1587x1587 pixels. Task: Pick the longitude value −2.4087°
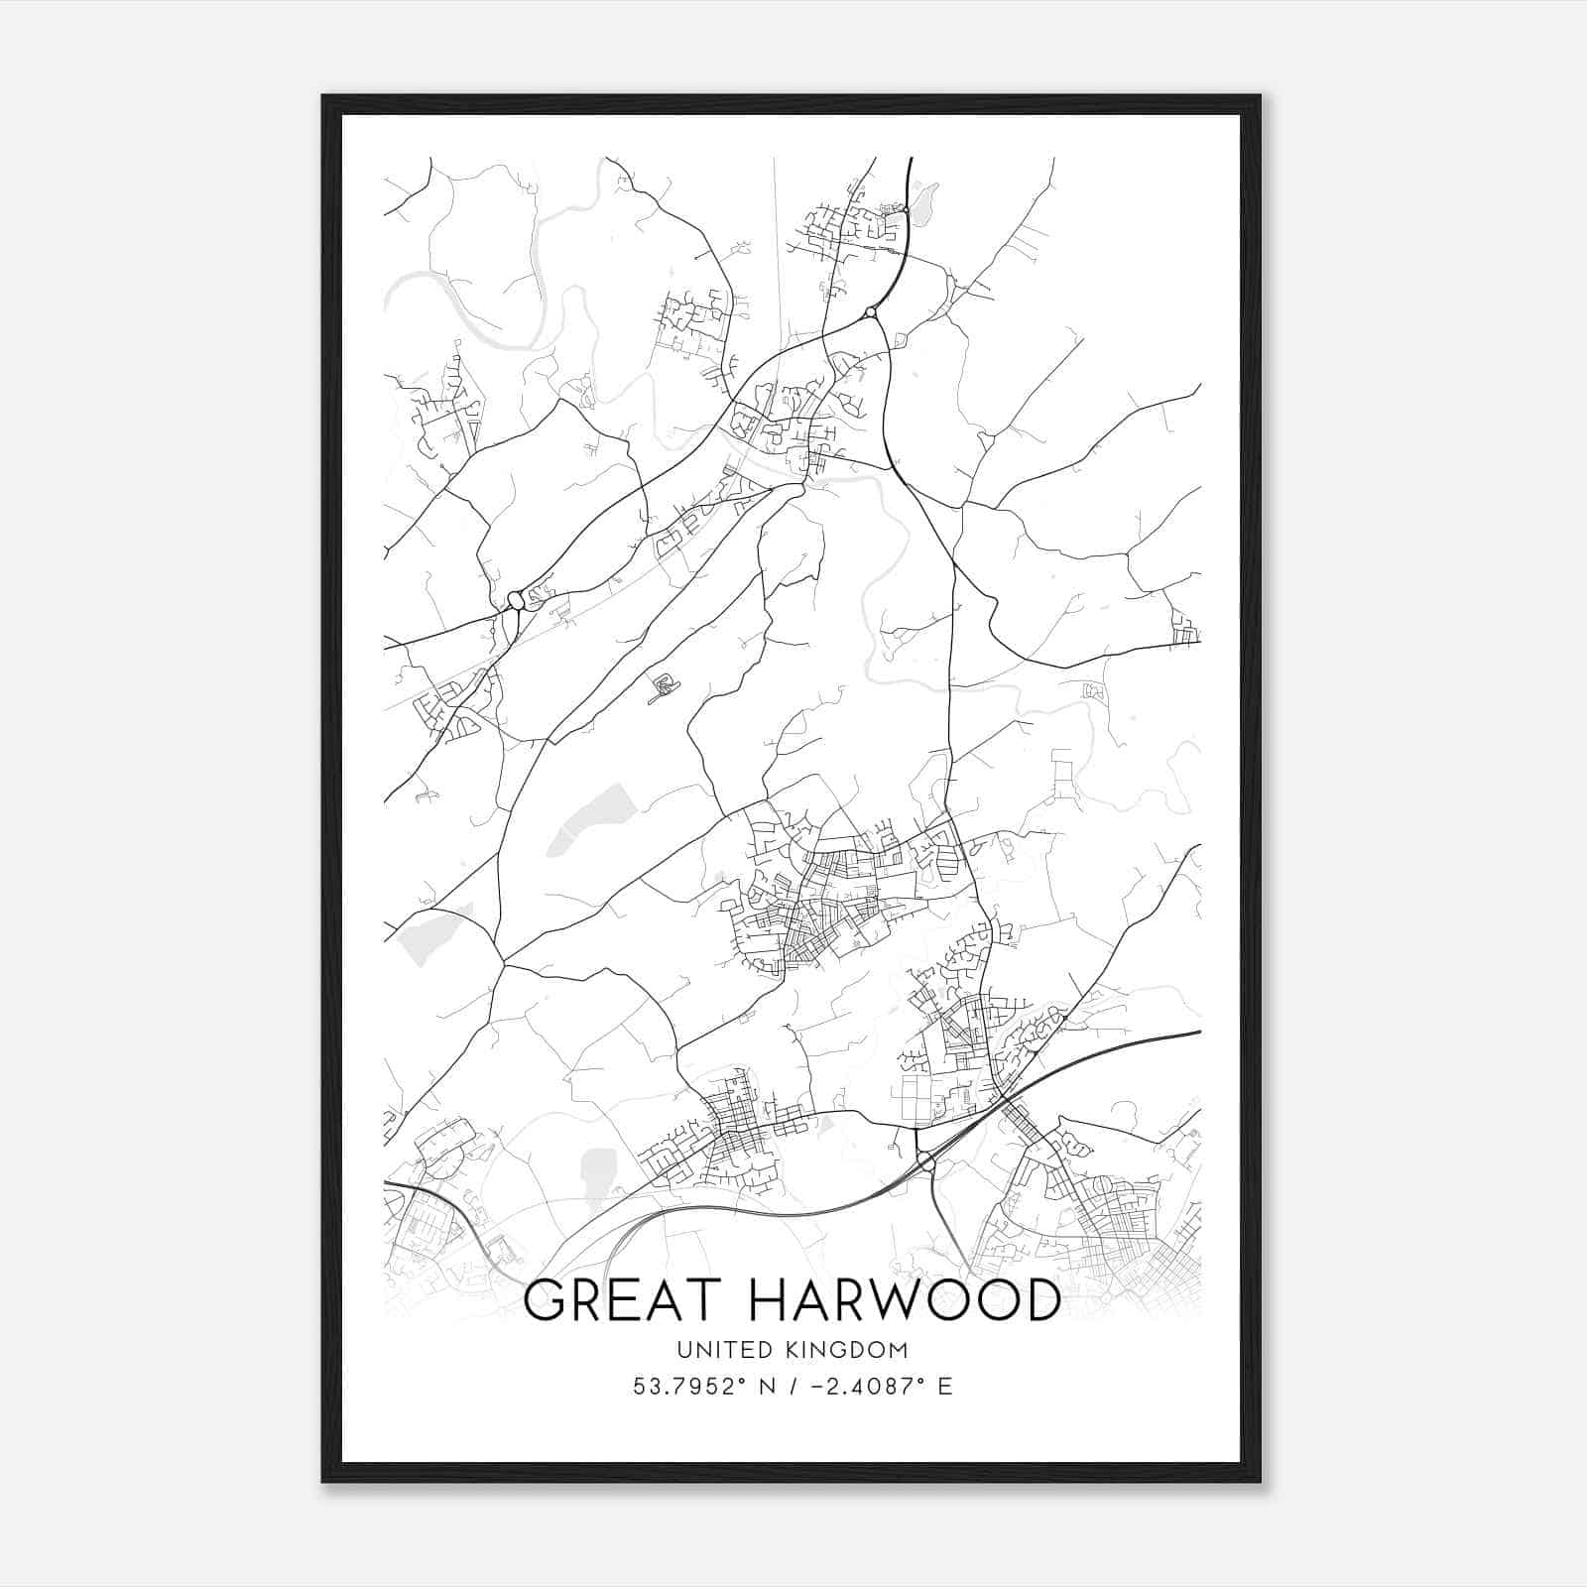(x=854, y=1387)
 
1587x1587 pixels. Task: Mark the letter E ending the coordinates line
(x=944, y=1387)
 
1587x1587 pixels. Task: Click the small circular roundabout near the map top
(x=870, y=312)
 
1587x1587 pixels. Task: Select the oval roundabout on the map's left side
(x=516, y=600)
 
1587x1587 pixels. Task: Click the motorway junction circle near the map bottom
(x=924, y=1160)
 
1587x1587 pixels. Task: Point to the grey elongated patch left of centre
(x=591, y=819)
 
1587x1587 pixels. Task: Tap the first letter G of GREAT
(x=544, y=1300)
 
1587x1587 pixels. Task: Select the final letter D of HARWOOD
(x=1039, y=1300)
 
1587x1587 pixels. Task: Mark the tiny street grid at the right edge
(x=1184, y=629)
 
